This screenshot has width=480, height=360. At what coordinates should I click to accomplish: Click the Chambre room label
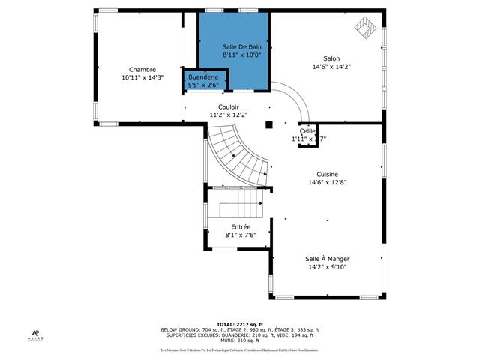pyautogui.click(x=142, y=69)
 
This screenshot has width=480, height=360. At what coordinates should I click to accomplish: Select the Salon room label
pyautogui.click(x=331, y=58)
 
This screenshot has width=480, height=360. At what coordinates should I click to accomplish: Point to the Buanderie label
pyautogui.click(x=203, y=77)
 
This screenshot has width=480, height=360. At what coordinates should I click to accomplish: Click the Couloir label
pyautogui.click(x=229, y=107)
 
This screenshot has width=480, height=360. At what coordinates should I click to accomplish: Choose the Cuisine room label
pyautogui.click(x=327, y=174)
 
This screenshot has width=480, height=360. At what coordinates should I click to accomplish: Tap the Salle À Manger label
pyautogui.click(x=328, y=258)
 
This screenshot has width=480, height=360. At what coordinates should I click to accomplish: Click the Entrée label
pyautogui.click(x=241, y=226)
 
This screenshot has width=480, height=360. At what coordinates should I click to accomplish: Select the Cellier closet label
pyautogui.click(x=308, y=131)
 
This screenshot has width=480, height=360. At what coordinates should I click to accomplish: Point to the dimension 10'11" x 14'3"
pyautogui.click(x=142, y=77)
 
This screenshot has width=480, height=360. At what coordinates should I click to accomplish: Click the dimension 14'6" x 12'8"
pyautogui.click(x=327, y=182)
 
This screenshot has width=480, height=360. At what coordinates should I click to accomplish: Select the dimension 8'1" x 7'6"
pyautogui.click(x=241, y=235)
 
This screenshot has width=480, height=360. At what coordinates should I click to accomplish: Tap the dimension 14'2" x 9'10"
pyautogui.click(x=328, y=266)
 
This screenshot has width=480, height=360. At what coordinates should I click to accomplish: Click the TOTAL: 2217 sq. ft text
pyautogui.click(x=240, y=324)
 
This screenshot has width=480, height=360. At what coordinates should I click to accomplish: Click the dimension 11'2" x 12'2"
pyautogui.click(x=229, y=115)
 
